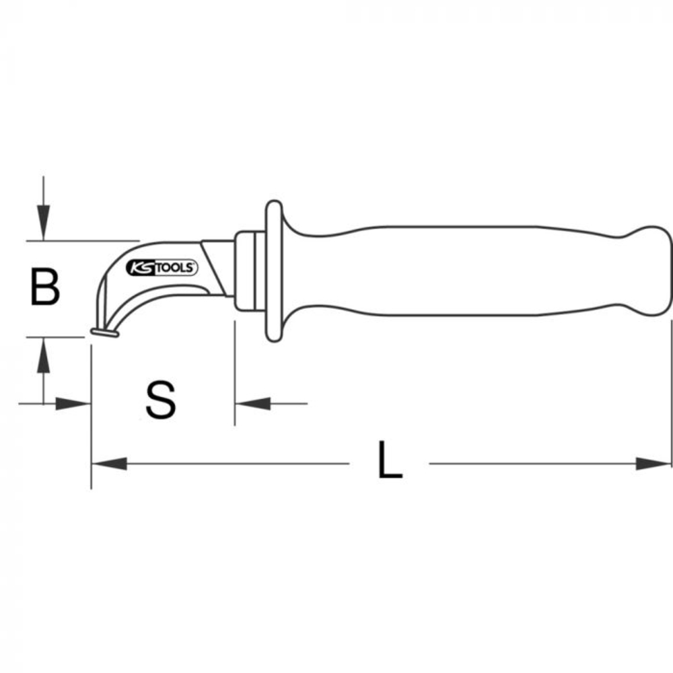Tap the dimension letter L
(389, 461)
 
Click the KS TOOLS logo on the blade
(162, 268)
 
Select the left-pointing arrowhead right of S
(252, 404)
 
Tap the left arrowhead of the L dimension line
(108, 463)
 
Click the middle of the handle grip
(458, 269)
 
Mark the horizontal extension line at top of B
(81, 240)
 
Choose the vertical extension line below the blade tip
(90, 417)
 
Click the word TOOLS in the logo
(177, 268)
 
